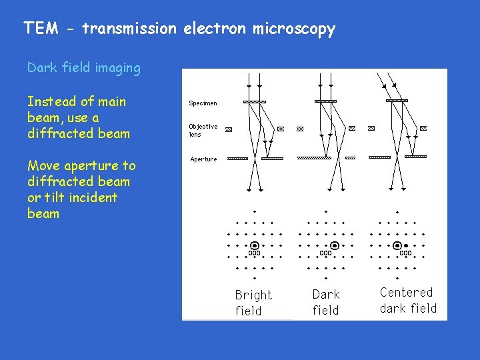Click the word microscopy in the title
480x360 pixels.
293,29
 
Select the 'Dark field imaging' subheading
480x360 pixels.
84,67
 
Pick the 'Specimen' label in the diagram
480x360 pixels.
203,103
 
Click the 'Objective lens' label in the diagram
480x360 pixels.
203,130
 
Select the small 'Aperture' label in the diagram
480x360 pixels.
203,159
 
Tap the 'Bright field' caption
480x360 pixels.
253,303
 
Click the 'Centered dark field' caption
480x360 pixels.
408,300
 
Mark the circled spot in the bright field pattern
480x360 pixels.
255,245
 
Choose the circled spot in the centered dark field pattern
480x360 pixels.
397,245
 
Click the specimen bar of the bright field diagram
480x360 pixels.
255,101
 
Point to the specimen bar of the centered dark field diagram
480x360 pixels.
397,101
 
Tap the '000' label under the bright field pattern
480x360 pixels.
254,253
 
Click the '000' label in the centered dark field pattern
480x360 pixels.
405,253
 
